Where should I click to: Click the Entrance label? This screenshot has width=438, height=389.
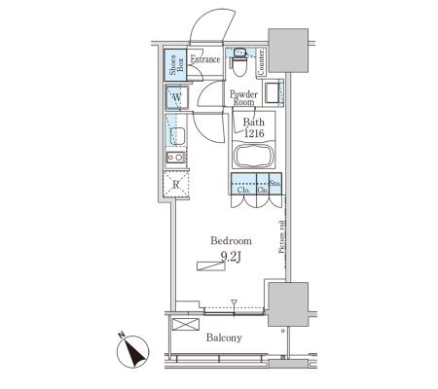(205, 59)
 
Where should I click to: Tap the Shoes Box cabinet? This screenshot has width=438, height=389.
(175, 65)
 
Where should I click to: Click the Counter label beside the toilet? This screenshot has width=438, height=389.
(261, 62)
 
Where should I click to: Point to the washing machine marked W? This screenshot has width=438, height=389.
(177, 97)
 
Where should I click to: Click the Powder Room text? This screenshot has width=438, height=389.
(243, 98)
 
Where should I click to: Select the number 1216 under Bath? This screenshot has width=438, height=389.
(254, 133)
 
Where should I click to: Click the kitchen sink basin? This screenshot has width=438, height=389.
(177, 136)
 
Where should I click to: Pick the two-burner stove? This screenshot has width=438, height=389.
(175, 158)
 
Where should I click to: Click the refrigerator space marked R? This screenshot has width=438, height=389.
(176, 185)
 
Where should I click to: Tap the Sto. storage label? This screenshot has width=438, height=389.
(275, 183)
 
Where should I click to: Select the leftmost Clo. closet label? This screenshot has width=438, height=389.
(243, 190)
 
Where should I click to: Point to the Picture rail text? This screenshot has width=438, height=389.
(282, 237)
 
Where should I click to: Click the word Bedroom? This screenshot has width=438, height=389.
(231, 240)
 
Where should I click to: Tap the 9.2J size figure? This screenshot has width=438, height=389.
(231, 257)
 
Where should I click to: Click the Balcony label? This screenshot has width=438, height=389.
(224, 337)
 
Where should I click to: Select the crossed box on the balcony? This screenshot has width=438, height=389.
(186, 324)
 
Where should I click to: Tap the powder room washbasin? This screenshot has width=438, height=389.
(274, 93)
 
